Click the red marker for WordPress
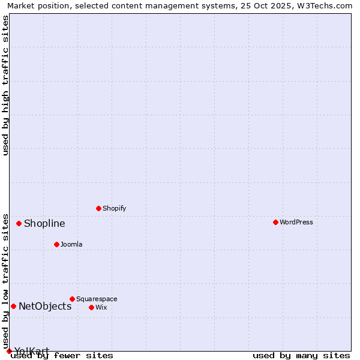275,222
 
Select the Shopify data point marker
98,208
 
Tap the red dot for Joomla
56,244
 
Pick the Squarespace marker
72,299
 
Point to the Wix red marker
91,307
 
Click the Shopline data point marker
19,223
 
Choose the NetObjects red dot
13,306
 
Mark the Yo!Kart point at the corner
9,351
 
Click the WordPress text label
296,222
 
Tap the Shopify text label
114,208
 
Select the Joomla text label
71,244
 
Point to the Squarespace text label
97,299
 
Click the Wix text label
101,307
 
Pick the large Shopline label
44,224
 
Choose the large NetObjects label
45,307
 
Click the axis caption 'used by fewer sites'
62,356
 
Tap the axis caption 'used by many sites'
301,356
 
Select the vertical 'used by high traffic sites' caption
5,85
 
